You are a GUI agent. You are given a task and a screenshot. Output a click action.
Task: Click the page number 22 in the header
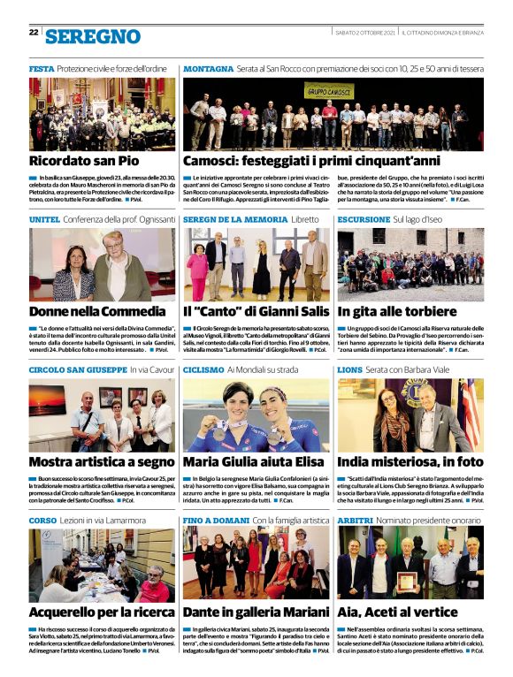click(x=34, y=32)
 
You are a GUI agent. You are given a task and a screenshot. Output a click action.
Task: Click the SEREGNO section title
click(x=93, y=35)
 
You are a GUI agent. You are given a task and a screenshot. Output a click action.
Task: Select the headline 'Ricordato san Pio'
click(x=84, y=162)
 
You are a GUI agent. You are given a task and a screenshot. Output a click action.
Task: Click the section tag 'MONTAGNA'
click(x=208, y=68)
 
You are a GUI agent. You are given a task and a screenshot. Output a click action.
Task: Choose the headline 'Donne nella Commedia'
click(x=97, y=312)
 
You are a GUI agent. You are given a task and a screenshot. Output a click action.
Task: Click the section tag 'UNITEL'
click(x=44, y=218)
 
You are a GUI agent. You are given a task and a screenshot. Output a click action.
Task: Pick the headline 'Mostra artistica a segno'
click(x=102, y=462)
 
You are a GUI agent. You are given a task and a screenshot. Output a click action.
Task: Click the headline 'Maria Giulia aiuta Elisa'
click(x=255, y=462)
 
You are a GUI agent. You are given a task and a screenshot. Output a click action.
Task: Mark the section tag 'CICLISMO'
click(x=203, y=369)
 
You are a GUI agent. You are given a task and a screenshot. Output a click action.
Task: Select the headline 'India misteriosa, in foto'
click(x=410, y=462)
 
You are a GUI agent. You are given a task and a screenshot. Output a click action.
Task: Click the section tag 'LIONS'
click(x=350, y=369)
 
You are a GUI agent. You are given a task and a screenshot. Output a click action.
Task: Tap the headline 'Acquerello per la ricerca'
click(x=100, y=612)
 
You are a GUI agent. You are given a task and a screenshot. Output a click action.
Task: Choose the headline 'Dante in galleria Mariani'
click(x=256, y=612)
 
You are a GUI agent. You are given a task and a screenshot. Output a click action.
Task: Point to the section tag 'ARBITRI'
click(x=356, y=519)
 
